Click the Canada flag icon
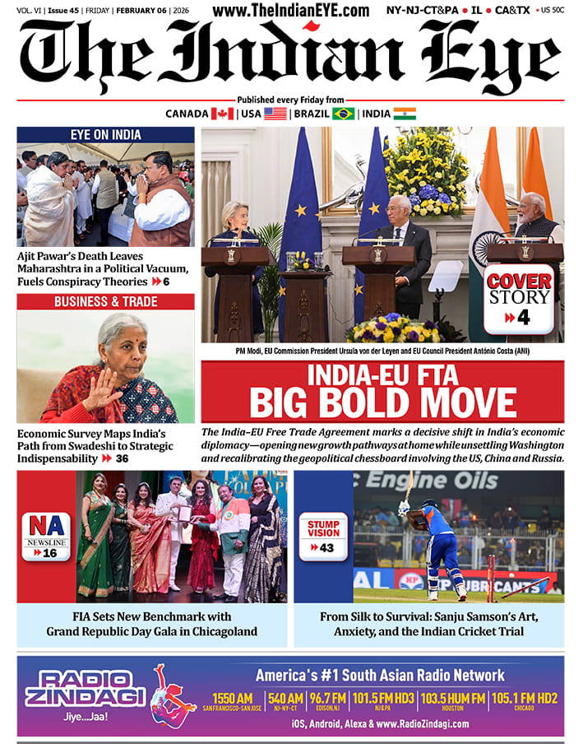coord(222,114)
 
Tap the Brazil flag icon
coord(343,114)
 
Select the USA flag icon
coord(275,114)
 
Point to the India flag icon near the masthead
coord(405,114)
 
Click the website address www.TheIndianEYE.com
coord(290,11)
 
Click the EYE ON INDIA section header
coord(105,134)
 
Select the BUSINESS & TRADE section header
coord(105,301)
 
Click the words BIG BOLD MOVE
coord(382,403)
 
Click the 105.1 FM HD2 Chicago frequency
coord(525,700)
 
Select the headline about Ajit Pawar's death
coord(103,268)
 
